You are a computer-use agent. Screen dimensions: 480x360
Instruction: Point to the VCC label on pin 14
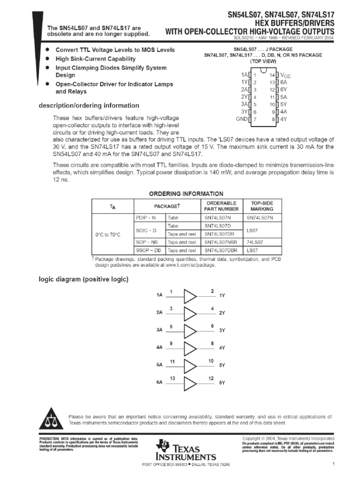tap(285, 75)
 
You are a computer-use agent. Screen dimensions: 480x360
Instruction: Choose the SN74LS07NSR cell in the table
tap(221, 242)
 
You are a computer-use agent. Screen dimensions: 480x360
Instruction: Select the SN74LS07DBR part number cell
tap(221, 251)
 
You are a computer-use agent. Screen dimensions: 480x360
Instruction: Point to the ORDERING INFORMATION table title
tap(180, 194)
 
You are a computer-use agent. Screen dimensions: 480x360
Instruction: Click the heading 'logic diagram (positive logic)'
tap(83, 279)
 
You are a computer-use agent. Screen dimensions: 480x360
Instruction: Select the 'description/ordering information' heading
tap(89, 105)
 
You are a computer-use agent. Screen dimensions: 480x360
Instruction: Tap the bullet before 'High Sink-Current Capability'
tap(48, 59)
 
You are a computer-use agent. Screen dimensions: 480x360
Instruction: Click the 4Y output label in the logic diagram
tap(222, 348)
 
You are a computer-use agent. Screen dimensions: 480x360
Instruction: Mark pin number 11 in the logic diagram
tap(172, 361)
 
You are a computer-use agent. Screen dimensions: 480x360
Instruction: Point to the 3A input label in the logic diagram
tap(159, 330)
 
